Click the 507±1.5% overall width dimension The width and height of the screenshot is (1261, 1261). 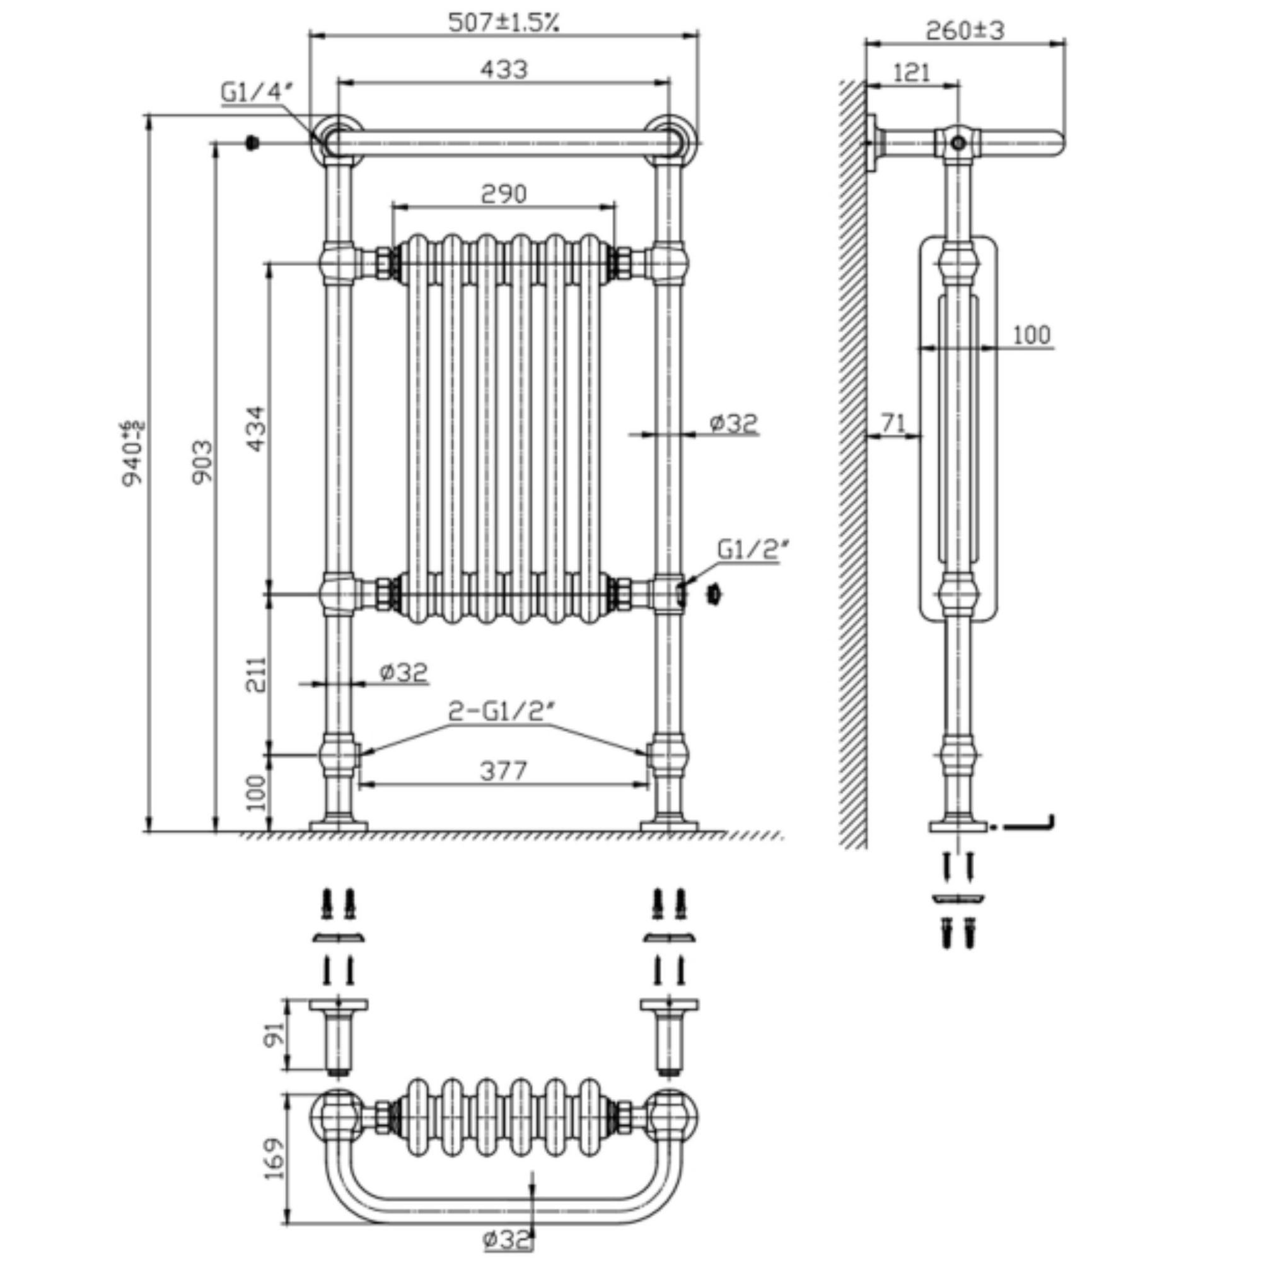coord(503,23)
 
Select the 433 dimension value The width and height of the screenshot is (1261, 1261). coord(503,69)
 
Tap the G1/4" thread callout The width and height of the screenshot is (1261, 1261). coord(253,93)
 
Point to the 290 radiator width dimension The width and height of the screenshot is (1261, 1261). coord(503,194)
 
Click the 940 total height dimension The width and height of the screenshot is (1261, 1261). coord(133,453)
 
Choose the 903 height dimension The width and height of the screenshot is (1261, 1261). coord(202,462)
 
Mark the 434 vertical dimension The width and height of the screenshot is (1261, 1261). coord(257,428)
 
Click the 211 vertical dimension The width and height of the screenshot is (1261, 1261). coord(257,674)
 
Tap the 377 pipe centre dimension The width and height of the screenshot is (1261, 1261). coord(503,771)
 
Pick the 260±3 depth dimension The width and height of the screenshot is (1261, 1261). coord(965,30)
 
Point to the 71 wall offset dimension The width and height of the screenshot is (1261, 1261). coord(893,424)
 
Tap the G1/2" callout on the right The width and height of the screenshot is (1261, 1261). coord(748,550)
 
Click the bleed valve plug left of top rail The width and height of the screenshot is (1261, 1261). coord(251,142)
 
